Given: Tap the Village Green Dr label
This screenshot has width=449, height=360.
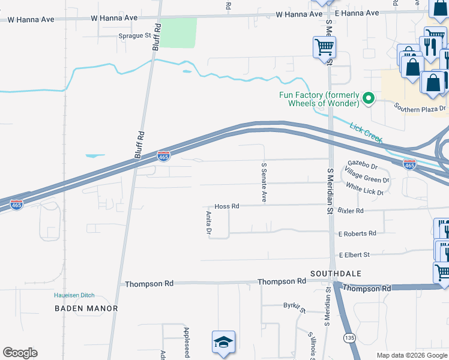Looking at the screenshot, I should click(x=367, y=178).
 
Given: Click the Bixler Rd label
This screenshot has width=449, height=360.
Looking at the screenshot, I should click(x=351, y=211).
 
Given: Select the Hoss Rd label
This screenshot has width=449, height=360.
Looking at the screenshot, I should click(x=228, y=206).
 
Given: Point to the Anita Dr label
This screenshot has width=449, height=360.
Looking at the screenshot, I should click(x=209, y=222).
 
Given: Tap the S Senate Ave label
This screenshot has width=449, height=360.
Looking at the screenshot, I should click(x=263, y=182).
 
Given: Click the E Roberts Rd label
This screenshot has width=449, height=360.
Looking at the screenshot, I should click(x=357, y=233).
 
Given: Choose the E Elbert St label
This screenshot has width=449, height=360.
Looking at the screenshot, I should click(x=355, y=255).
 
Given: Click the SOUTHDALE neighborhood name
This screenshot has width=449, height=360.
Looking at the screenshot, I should click(x=336, y=274).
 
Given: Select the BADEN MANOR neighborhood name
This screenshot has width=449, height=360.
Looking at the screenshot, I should click(x=86, y=308).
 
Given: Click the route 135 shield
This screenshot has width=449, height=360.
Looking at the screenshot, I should click(x=349, y=338).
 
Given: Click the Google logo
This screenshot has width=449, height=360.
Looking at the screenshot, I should click(x=20, y=353).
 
